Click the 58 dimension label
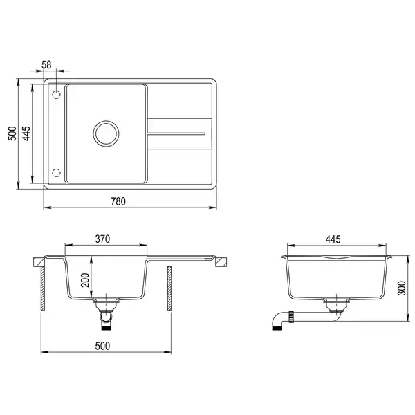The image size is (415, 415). pos(46,65)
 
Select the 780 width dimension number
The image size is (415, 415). pos(118,201)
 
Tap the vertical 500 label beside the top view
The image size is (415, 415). pos(12,133)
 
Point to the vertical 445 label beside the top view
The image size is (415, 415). pos(26,133)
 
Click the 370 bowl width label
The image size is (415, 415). pos(102,239)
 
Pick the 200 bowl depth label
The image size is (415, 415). pos(85,280)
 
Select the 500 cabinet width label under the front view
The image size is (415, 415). pos(102,346)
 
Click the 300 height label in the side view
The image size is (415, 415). pos(402,288)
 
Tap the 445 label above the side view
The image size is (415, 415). pos(333,239)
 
